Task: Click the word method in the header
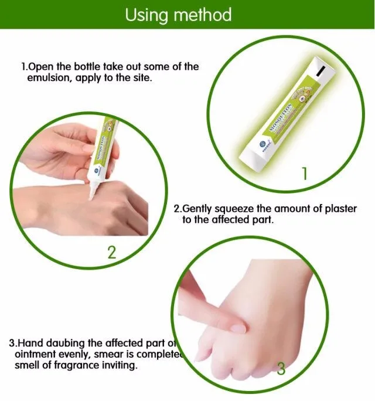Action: pos(203,14)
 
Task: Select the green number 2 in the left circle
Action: pos(111,253)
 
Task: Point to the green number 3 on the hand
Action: pos(281,369)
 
